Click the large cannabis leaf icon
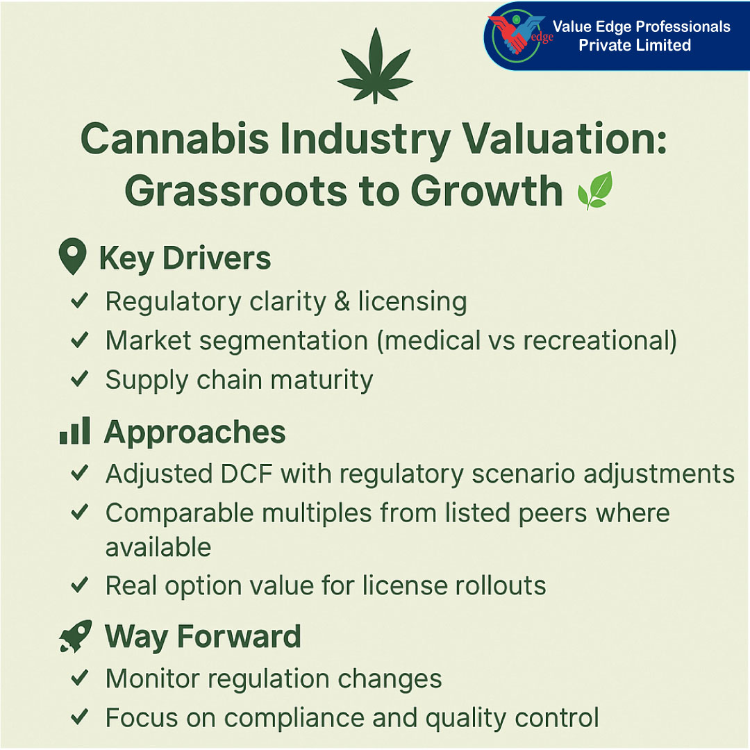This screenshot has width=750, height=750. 375,66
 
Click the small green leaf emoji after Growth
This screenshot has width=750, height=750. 595,190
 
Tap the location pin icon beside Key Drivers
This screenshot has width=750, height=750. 73,257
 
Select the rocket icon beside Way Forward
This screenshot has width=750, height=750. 75,636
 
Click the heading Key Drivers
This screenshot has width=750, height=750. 185,258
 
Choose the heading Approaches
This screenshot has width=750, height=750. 194,432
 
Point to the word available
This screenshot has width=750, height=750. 158,547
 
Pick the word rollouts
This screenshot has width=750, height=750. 501,585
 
